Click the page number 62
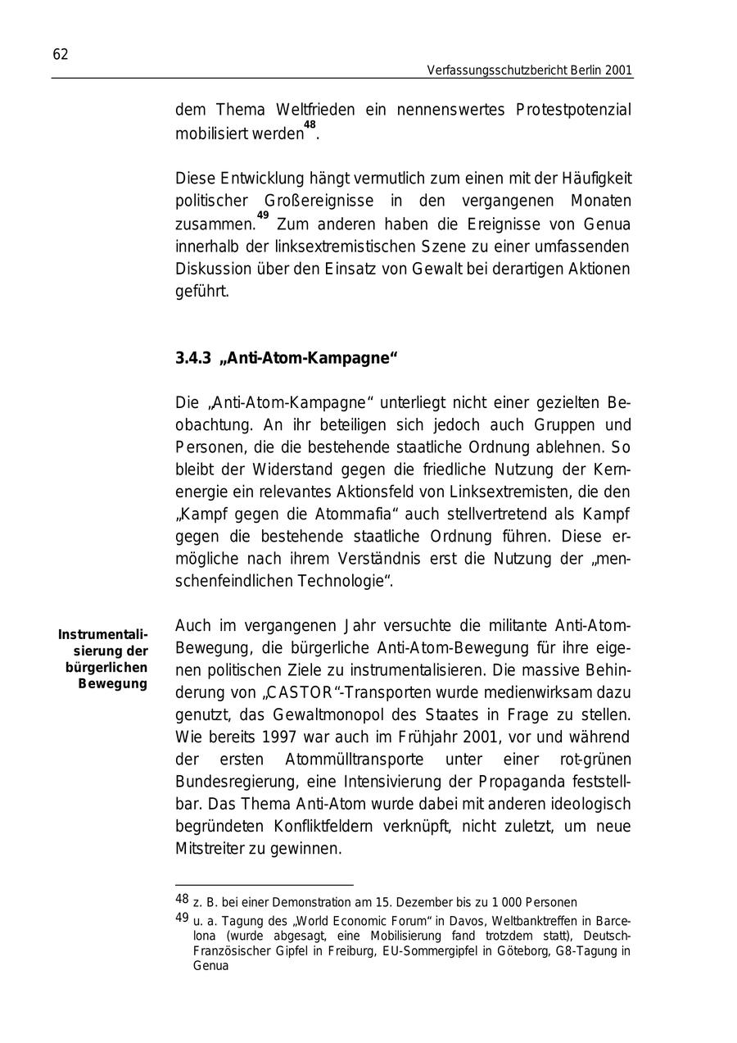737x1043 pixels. [x=61, y=55]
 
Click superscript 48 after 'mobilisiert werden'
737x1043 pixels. [x=309, y=125]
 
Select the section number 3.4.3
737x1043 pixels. [x=193, y=358]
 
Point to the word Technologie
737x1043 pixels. [x=343, y=582]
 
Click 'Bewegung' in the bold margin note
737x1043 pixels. [x=112, y=683]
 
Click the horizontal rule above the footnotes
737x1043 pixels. [x=264, y=885]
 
